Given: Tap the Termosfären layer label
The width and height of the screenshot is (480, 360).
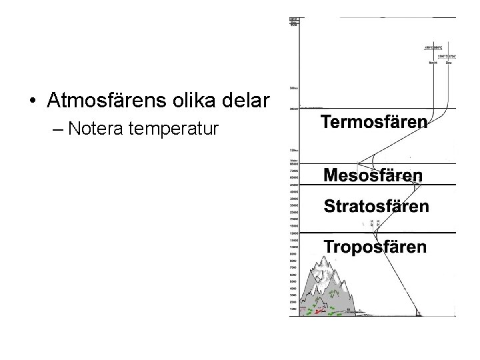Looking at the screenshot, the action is [x=374, y=122].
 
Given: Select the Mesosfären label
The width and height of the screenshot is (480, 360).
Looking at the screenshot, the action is [x=373, y=175].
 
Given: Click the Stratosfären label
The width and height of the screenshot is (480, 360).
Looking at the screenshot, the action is [x=376, y=206].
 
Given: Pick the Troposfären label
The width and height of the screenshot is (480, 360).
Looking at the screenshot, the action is [x=375, y=247].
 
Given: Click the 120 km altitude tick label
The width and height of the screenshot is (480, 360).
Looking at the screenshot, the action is [x=293, y=150].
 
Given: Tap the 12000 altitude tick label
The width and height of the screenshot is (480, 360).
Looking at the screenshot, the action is [x=293, y=233].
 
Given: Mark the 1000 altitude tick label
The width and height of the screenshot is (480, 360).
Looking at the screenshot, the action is [x=293, y=309].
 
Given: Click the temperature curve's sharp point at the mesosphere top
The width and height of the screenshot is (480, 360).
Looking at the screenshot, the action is [x=358, y=164].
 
